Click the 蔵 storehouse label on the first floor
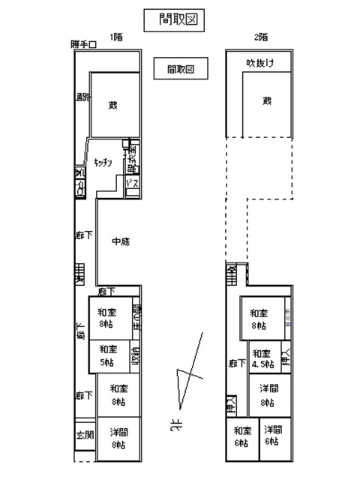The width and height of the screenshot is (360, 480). point(113,105)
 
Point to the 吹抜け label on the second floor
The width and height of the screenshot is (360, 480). point(259,64)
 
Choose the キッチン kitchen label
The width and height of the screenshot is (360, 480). point(103,162)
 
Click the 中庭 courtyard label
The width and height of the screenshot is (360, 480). point(120,241)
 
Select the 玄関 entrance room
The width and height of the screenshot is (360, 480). point(84,434)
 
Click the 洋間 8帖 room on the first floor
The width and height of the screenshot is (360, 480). point(118,438)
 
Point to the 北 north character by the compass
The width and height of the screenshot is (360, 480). point(175,427)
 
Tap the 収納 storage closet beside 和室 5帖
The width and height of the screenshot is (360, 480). point(135,355)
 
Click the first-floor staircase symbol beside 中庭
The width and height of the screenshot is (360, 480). point(79,275)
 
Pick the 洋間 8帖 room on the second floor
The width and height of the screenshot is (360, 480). point(270,394)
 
